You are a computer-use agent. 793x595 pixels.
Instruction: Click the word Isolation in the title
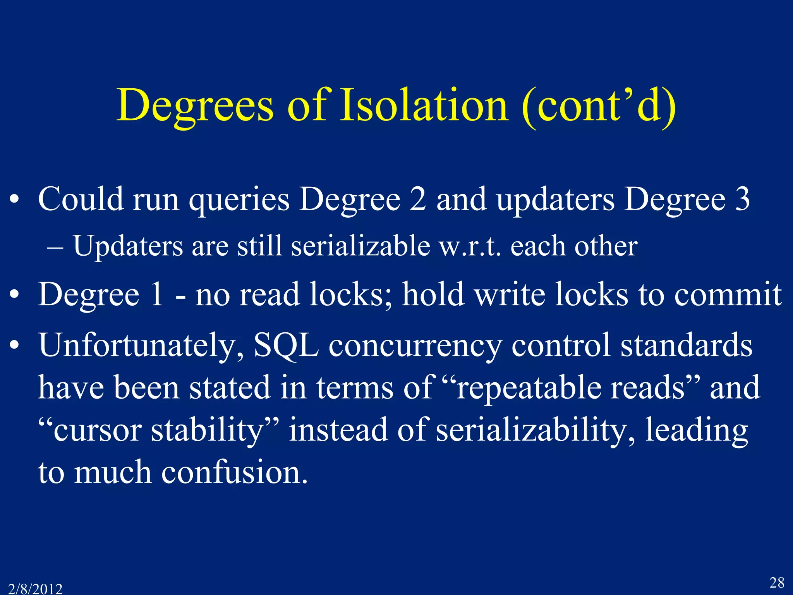(x=424, y=105)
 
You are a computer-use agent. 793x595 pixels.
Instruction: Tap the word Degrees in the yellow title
(x=195, y=105)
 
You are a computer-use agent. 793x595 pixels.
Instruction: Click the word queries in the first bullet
(x=239, y=199)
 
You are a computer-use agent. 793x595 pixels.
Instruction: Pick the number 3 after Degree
(x=743, y=199)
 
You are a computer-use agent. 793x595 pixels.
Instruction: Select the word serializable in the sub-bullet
(x=360, y=246)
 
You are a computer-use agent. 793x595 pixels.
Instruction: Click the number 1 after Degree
(x=156, y=294)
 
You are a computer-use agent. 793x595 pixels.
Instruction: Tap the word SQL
(x=286, y=345)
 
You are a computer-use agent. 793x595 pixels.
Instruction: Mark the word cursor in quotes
(x=97, y=430)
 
